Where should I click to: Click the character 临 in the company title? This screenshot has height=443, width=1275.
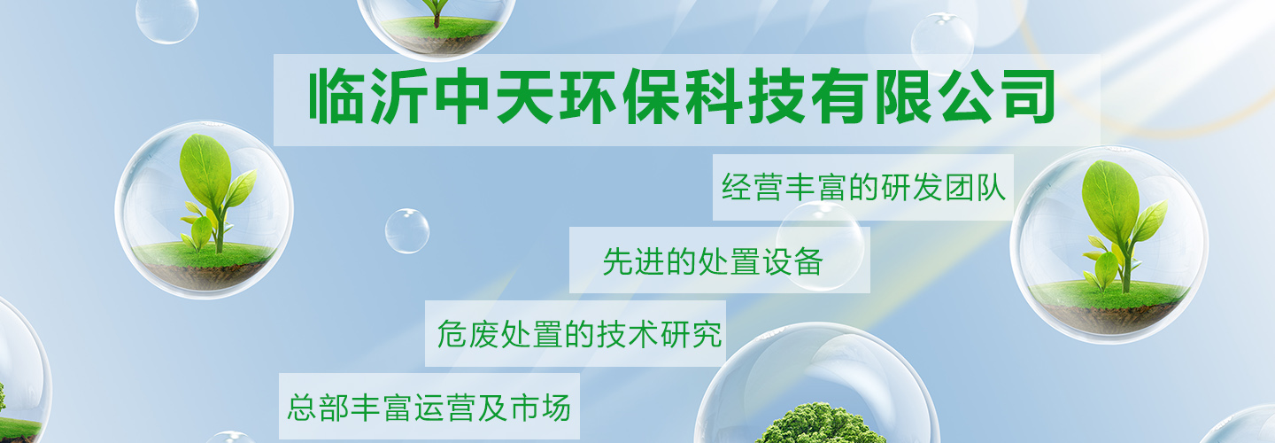pyautogui.click(x=336, y=97)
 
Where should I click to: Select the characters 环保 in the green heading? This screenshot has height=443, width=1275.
pyautogui.click(x=621, y=97)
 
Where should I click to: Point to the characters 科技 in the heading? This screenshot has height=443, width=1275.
pyautogui.click(x=746, y=97)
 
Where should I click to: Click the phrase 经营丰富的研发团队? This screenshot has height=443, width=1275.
pyautogui.click(x=863, y=187)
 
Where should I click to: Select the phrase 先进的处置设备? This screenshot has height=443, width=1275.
pyautogui.click(x=714, y=261)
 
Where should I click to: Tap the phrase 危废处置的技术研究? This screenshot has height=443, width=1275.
pyautogui.click(x=579, y=334)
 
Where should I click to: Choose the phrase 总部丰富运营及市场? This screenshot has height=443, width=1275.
pyautogui.click(x=429, y=408)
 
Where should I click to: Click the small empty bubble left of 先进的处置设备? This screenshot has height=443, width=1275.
pyautogui.click(x=407, y=230)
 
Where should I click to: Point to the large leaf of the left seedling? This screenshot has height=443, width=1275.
pyautogui.click(x=205, y=165)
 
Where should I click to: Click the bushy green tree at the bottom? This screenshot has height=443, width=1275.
pyautogui.click(x=820, y=424)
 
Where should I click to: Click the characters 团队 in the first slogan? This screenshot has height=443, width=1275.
pyautogui.click(x=975, y=187)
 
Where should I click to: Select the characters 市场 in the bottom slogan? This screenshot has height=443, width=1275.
pyautogui.click(x=540, y=408)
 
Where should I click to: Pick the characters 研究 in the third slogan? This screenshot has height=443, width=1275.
pyautogui.click(x=692, y=334)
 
